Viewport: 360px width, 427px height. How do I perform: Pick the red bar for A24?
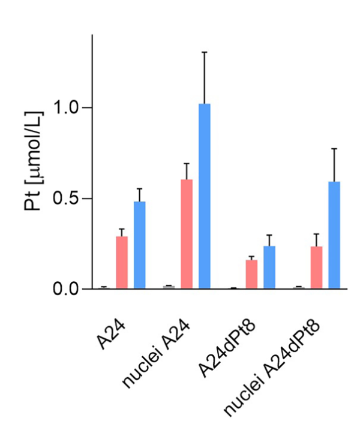pos(122,262)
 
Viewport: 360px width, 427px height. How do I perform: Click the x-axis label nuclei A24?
pos(157,354)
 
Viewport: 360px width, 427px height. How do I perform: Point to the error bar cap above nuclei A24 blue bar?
pos(205,52)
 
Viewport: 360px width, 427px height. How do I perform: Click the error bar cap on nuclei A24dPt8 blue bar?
pos(334,149)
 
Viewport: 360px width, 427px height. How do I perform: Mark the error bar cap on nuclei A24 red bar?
pos(187,163)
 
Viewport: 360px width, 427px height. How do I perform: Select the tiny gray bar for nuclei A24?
pos(169,287)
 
